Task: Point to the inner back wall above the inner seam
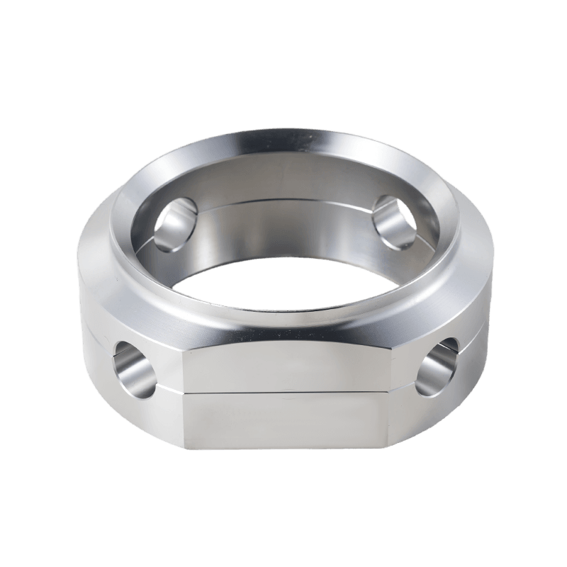click(x=283, y=181)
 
